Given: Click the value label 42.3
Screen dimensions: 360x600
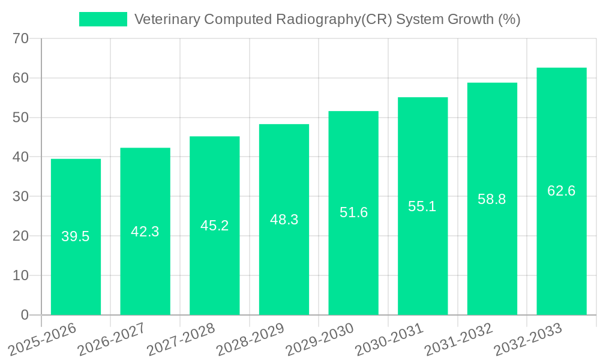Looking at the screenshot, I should tap(145, 232).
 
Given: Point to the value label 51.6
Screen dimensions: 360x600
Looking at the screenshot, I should tap(353, 212).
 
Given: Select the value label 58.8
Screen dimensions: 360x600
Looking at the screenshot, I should tap(492, 199).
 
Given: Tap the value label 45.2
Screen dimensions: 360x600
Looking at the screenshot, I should tap(214, 226).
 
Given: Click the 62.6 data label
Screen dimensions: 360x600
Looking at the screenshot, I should tap(562, 191).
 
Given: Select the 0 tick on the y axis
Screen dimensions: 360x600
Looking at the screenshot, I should tap(25, 315).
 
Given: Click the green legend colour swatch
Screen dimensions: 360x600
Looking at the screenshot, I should tap(103, 19).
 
